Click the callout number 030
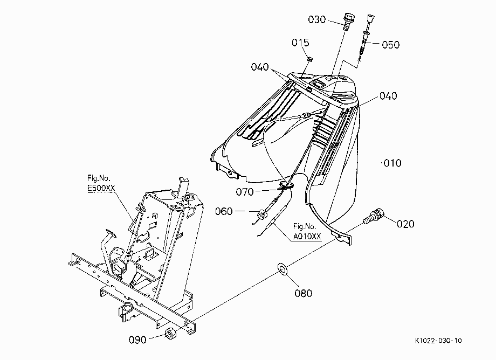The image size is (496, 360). [317, 19]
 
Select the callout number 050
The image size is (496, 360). [391, 45]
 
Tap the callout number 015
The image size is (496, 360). [300, 43]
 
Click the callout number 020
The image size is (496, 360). [405, 224]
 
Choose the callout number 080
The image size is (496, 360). [304, 293]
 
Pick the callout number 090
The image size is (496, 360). [137, 340]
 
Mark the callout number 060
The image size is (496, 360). [224, 211]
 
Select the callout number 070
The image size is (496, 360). [245, 192]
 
